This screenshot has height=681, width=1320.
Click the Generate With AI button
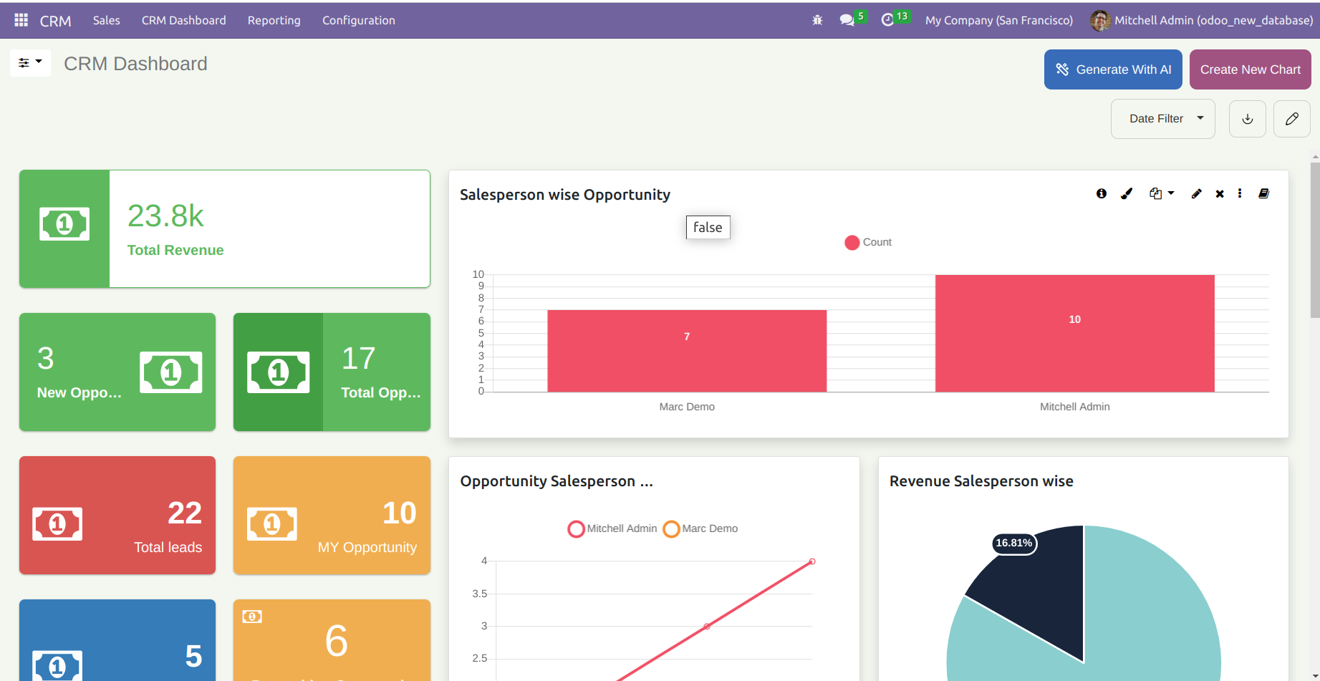(1112, 69)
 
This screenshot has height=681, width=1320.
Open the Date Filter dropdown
(1162, 119)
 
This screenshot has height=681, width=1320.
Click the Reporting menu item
(274, 20)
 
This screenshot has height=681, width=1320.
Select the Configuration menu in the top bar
(358, 20)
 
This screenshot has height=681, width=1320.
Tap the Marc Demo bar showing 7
(686, 351)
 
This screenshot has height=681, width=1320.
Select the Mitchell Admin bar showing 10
(1074, 333)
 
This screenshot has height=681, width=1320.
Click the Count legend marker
(852, 243)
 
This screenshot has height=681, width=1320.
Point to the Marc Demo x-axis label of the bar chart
(686, 407)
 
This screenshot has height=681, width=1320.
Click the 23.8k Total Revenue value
(165, 216)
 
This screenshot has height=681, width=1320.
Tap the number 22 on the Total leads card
(184, 513)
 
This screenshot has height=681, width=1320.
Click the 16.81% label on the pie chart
(1013, 543)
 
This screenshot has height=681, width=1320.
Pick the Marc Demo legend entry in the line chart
(700, 528)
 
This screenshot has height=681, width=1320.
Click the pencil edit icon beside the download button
(1291, 119)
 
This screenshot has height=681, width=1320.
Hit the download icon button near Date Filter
(1247, 119)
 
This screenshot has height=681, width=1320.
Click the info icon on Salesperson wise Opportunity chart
(1101, 193)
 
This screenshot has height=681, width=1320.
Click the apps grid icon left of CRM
(21, 20)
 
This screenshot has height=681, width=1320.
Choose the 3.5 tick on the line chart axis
(479, 594)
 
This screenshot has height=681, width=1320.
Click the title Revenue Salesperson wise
(981, 481)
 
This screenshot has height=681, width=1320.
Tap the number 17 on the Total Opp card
(358, 358)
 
